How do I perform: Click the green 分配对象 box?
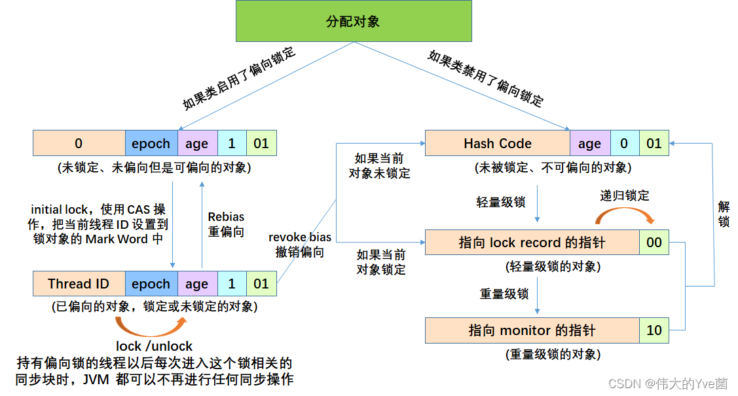click(353, 22)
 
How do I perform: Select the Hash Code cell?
click(497, 144)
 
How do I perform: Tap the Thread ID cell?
click(79, 284)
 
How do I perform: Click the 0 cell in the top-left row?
click(79, 144)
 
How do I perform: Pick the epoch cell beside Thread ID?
click(151, 284)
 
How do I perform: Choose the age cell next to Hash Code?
click(589, 144)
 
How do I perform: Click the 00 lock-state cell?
click(654, 243)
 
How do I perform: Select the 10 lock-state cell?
click(654, 330)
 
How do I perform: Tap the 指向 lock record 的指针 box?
click(532, 243)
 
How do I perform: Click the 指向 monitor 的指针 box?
click(532, 330)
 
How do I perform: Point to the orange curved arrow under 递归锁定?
click(625, 215)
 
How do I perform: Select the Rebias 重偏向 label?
click(226, 224)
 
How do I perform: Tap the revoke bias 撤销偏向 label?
click(300, 245)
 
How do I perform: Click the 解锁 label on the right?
click(724, 214)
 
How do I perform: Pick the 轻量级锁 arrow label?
click(501, 202)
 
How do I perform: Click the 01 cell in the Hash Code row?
click(654, 144)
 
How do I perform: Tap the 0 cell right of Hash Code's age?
click(625, 144)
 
